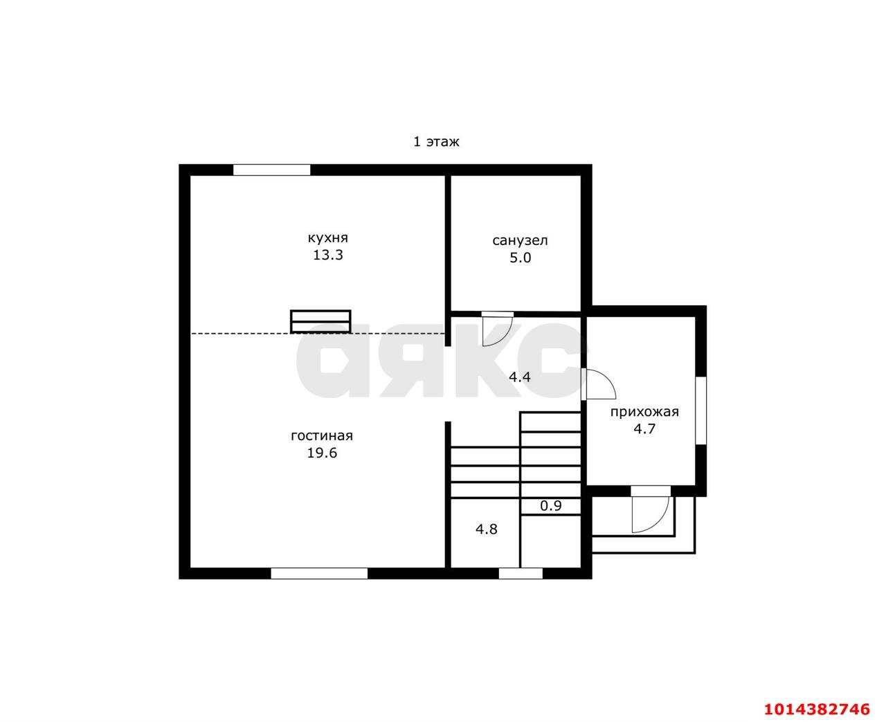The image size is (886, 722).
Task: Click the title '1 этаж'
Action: (x=436, y=142)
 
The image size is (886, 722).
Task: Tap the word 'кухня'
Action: (x=328, y=238)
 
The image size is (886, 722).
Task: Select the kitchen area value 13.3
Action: (x=328, y=255)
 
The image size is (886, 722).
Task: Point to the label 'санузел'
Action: (x=520, y=240)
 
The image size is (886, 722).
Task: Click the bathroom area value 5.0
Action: (x=521, y=258)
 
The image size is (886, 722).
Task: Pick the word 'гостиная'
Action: (x=322, y=435)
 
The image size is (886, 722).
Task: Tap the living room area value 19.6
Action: (x=322, y=453)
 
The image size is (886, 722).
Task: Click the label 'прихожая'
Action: (x=644, y=412)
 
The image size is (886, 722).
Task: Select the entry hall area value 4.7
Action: (x=644, y=428)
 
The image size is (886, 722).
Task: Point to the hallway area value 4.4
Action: (x=520, y=377)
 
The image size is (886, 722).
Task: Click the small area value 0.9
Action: (x=551, y=506)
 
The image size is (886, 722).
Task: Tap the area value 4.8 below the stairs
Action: (x=486, y=530)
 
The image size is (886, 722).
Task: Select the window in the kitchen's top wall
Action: (x=271, y=170)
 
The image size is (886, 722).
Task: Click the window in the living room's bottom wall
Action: (x=319, y=574)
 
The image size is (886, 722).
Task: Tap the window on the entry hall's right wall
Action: (x=701, y=410)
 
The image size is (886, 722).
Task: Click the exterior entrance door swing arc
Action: (x=659, y=522)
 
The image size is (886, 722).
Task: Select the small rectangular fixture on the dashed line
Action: (x=320, y=321)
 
